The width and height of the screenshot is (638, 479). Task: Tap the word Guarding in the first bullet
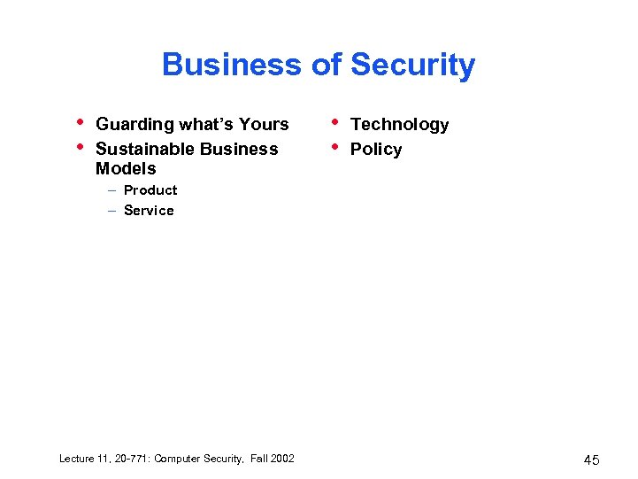tap(135, 125)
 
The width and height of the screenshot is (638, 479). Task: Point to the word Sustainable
tap(142, 149)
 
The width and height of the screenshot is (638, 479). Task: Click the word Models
tap(126, 168)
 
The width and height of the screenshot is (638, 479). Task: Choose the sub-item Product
tap(150, 189)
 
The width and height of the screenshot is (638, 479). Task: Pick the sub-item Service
tap(149, 210)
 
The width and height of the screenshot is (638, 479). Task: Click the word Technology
tap(399, 125)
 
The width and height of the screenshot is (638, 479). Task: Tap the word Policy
tap(375, 149)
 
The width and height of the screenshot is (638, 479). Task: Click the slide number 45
tap(591, 460)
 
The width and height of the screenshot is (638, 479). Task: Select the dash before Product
tap(112, 190)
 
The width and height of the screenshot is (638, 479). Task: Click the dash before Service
tap(112, 211)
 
